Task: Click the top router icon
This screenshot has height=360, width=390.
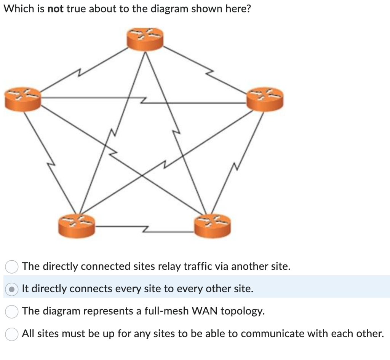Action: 145,38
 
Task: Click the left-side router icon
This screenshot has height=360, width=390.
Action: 22,99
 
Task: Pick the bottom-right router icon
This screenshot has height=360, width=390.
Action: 212,225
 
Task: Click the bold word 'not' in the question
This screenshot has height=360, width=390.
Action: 55,9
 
